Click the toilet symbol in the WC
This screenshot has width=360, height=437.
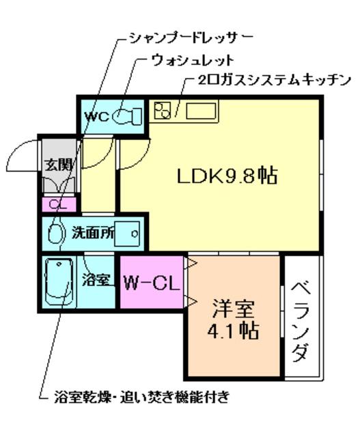click(128, 116)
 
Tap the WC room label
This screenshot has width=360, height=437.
click(97, 117)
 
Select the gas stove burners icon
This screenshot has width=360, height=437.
click(163, 110)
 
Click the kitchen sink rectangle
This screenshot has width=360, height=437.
click(201, 111)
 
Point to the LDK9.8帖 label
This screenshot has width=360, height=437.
click(227, 176)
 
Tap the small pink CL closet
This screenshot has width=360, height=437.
click(59, 205)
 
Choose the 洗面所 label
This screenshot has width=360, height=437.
click(93, 233)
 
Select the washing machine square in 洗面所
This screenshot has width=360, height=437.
click(127, 234)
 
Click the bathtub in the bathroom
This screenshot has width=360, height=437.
click(59, 281)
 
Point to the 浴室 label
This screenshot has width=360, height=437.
click(96, 279)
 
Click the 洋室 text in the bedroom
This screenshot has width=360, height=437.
click(233, 308)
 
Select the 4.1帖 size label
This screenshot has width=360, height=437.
click(233, 330)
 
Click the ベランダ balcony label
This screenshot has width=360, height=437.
click(301, 322)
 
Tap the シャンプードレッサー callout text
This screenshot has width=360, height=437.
click(191, 38)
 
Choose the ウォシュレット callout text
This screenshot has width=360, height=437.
click(193, 60)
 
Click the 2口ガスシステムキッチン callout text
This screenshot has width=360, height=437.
click(274, 81)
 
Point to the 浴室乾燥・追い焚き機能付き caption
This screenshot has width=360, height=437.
click(142, 397)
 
